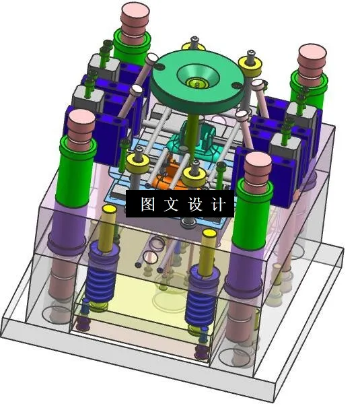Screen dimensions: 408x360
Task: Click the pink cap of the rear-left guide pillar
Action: pyautogui.click(x=135, y=17)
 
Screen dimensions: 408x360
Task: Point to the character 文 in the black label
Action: pyautogui.click(x=168, y=204)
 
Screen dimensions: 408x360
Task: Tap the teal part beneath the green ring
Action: pyautogui.click(x=202, y=138)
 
